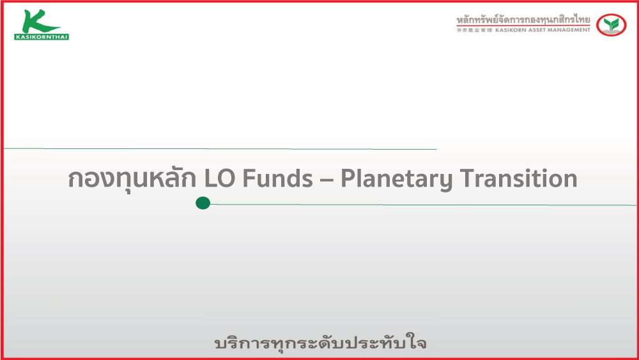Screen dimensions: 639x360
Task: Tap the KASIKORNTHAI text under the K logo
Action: coord(41,37)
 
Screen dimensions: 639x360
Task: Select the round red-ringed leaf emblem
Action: coord(611,25)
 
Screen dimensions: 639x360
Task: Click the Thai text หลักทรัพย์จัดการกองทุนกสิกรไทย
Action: coord(523,19)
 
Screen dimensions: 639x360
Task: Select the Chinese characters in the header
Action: coord(474,30)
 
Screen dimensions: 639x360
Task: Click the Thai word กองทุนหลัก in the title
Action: coord(132,178)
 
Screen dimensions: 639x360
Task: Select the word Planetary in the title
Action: coord(397,179)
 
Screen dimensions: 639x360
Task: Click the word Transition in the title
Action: coord(519,178)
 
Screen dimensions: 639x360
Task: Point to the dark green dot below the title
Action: coord(203,203)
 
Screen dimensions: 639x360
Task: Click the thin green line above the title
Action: coord(220,149)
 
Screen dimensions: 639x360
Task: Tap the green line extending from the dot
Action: coord(423,204)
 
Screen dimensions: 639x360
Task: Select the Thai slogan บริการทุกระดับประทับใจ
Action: coord(320,343)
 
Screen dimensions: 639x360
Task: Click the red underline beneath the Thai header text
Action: coord(523,26)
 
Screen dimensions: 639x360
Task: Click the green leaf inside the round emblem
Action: coord(612,24)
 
